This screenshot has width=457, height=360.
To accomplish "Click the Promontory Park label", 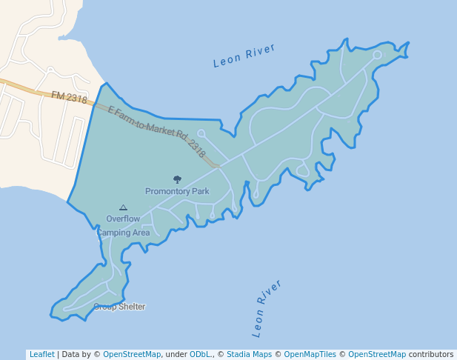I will tap(177, 191).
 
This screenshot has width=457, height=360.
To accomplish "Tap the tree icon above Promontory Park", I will tap(177, 179).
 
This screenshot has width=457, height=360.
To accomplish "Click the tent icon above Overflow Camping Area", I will tap(123, 208).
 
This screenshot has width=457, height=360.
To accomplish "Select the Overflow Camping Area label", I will tap(123, 225).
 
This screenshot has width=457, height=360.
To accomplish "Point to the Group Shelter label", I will tap(119, 307).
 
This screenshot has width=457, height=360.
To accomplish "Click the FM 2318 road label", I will tap(69, 97).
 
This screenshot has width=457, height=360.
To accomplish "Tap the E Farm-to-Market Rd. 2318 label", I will tap(156, 131).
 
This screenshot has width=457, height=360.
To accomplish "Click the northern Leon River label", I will tap(244, 56).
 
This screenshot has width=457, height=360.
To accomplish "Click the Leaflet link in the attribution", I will tap(41, 354).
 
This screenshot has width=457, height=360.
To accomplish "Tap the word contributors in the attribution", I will tap(430, 354).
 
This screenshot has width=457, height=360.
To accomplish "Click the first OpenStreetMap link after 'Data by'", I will tap(132, 354).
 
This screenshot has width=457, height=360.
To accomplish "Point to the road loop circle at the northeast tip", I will tap(377, 55).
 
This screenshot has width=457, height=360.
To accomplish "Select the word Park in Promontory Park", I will tap(199, 191).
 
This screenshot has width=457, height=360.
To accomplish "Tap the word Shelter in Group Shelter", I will tap(131, 307).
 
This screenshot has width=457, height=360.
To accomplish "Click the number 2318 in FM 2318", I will tap(76, 99).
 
